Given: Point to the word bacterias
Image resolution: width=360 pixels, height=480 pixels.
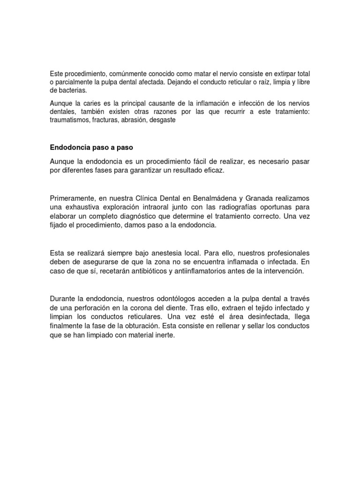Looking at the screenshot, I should point(71,90).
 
